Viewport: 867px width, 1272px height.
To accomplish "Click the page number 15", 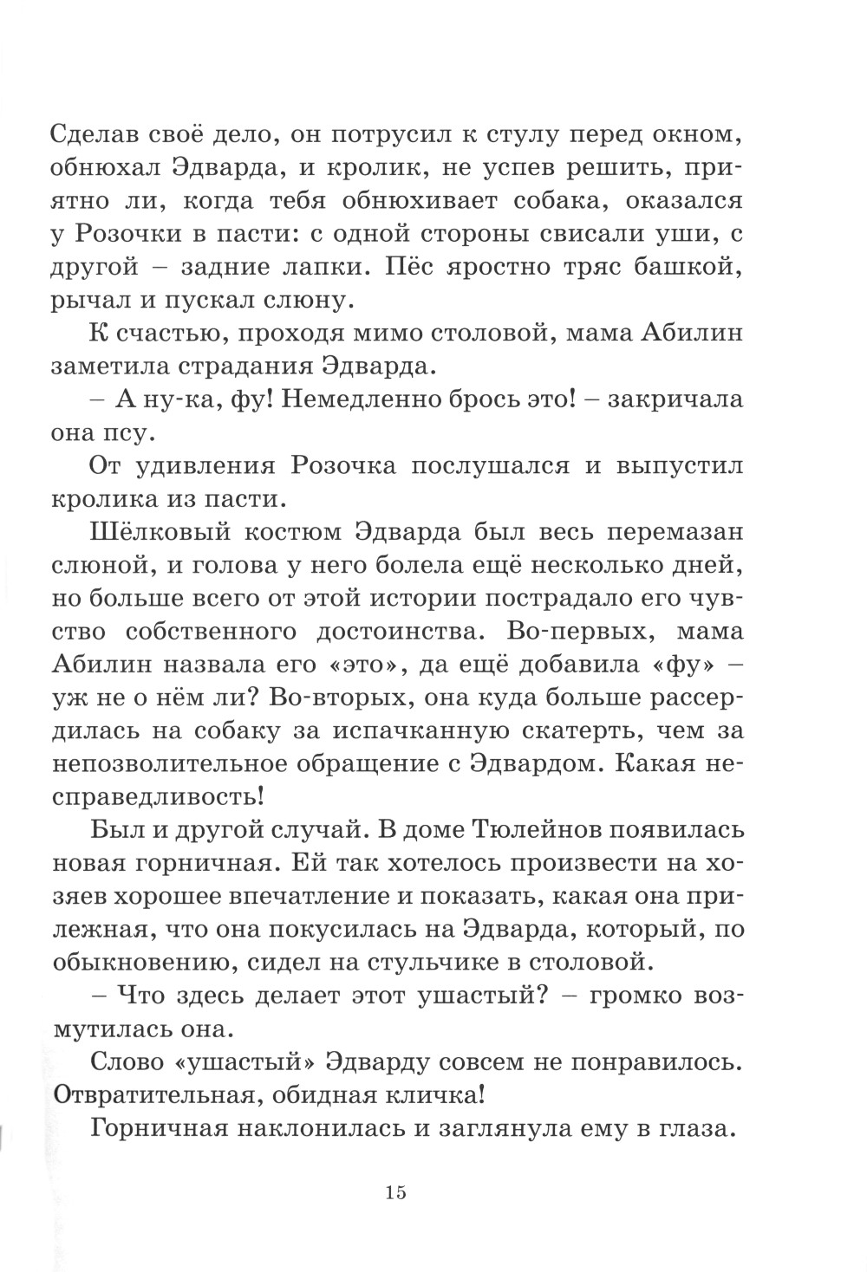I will (396, 1192).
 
